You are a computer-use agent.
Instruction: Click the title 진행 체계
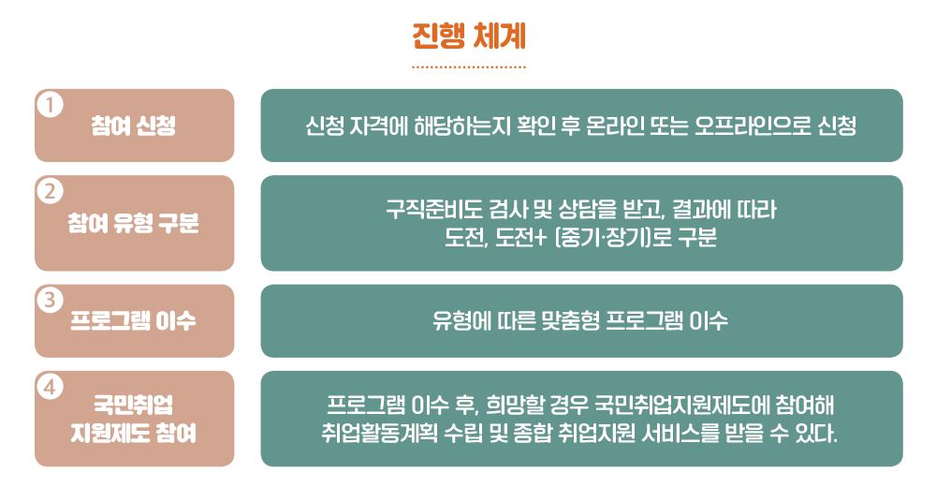(x=469, y=37)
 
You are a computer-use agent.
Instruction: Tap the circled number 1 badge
(x=51, y=105)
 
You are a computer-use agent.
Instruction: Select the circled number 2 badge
(x=51, y=191)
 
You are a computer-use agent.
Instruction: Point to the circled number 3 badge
(x=51, y=300)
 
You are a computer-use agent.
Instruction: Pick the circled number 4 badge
(x=51, y=387)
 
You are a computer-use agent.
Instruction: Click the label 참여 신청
(x=134, y=126)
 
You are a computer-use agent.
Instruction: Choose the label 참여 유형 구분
(x=134, y=224)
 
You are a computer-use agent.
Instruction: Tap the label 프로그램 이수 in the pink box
(x=134, y=321)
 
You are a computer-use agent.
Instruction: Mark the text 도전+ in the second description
(x=520, y=238)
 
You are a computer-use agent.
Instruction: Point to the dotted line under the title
(x=469, y=66)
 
